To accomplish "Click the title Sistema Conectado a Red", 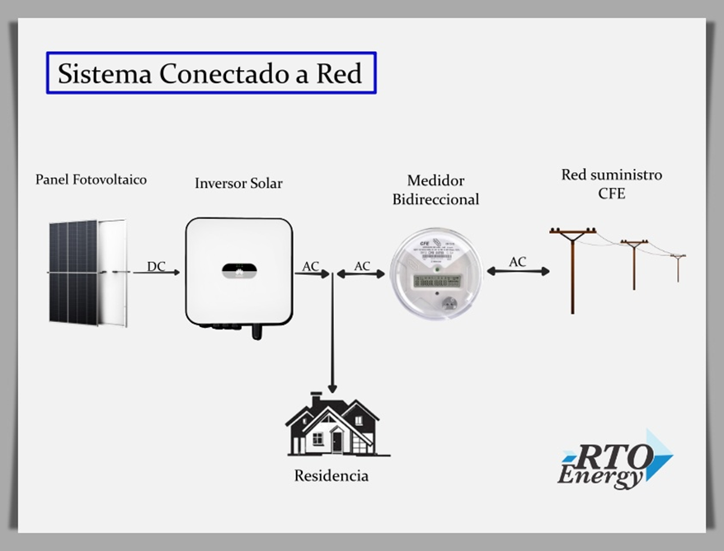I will coord(210,73).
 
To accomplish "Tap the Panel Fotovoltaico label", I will coord(91,179).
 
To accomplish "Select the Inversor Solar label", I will coord(238,183).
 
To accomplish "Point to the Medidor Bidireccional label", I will coord(435,189).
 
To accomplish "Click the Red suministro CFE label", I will coord(611,183).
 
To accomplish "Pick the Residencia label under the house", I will coord(331,476).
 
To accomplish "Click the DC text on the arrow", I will coord(157,265).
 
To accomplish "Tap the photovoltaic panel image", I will coord(87,272).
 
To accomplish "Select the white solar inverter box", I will coord(238,272).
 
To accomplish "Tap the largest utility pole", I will coord(572,268).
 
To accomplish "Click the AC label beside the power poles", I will coord(517,261).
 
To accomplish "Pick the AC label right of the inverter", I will coord(311,265).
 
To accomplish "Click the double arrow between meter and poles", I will coord(518,272).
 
